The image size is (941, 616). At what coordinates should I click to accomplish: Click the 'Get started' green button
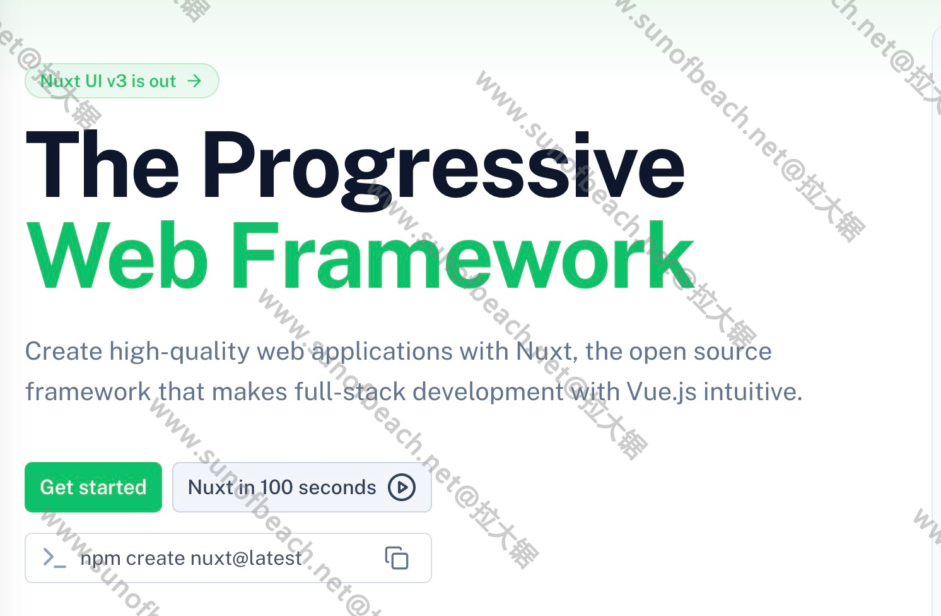click(93, 487)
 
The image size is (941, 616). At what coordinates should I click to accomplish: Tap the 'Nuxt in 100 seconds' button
click(301, 487)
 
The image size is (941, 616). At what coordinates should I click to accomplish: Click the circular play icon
click(402, 487)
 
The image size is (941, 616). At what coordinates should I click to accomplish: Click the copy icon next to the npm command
click(397, 558)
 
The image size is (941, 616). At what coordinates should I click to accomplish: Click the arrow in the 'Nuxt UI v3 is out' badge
click(194, 81)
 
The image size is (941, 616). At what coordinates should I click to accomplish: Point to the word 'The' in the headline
click(103, 163)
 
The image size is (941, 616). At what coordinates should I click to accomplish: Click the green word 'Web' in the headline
click(117, 254)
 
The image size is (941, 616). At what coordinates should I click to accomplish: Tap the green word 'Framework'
click(462, 254)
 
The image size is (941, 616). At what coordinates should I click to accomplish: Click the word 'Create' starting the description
click(64, 351)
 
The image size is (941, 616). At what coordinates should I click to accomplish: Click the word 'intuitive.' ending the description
click(753, 391)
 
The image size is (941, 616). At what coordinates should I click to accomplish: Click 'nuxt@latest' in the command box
click(246, 559)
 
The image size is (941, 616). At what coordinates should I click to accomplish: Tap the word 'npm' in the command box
click(100, 560)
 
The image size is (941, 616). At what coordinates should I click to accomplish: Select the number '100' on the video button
click(276, 487)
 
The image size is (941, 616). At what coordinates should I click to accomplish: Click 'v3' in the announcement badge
click(115, 81)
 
